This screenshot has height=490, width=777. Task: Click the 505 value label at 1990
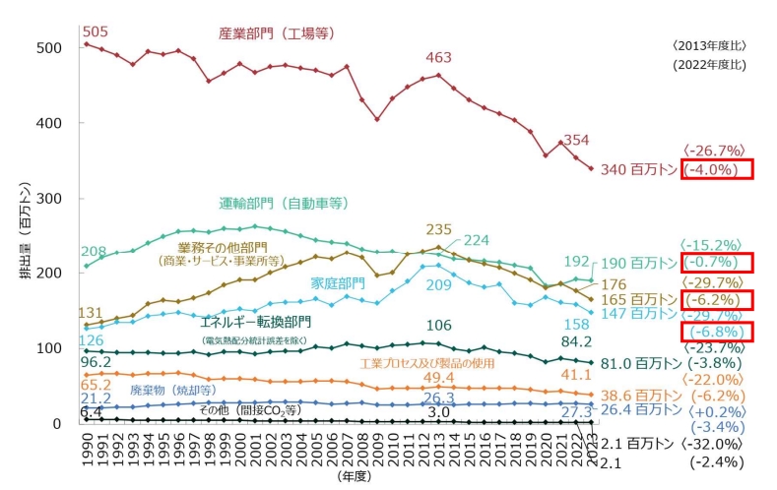tap(96, 31)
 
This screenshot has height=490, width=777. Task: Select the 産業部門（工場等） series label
tap(277, 33)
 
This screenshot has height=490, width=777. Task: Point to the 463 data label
tap(438, 57)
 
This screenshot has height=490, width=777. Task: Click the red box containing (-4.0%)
tap(716, 169)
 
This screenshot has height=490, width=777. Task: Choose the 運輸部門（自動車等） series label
tap(284, 205)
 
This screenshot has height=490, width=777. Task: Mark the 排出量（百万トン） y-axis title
tap(26, 231)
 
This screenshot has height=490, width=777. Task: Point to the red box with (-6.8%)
tap(716, 333)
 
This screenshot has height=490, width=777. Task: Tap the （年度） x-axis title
tap(354, 476)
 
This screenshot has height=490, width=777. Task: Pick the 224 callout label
tap(477, 240)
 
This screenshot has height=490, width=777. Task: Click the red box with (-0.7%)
tap(716, 263)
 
